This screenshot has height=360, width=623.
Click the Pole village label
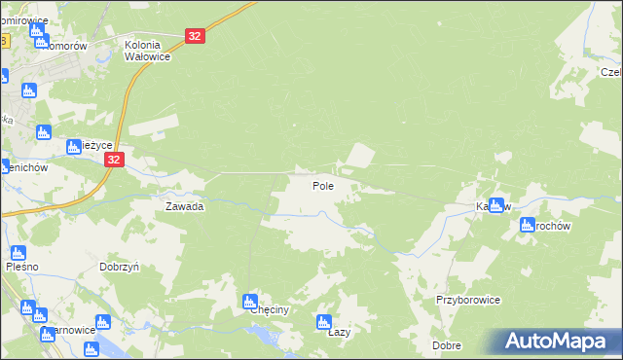(324, 185)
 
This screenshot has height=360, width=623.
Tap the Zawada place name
(184, 206)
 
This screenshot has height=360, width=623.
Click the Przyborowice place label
(468, 301)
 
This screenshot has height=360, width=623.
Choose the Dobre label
(447, 345)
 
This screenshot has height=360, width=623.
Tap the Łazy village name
(339, 332)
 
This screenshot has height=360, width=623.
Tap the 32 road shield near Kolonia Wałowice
(196, 36)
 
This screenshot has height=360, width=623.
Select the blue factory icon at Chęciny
(250, 301)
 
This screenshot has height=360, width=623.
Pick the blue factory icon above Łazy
(326, 322)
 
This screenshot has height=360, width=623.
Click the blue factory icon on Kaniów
(498, 205)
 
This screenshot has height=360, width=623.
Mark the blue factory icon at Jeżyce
(74, 147)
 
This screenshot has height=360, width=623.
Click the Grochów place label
(550, 226)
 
